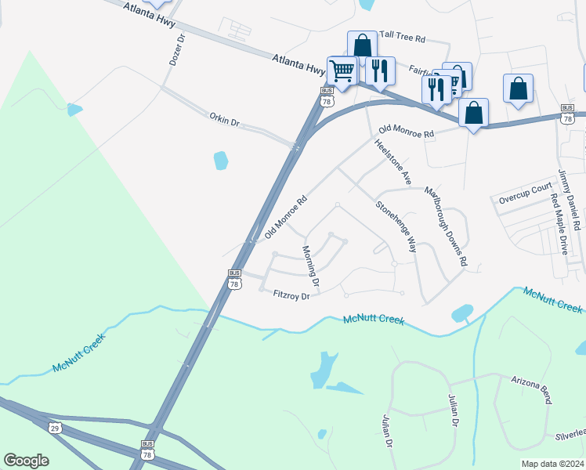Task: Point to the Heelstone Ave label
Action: click(393, 161)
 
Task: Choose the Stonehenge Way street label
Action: click(395, 226)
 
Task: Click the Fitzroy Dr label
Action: click(292, 295)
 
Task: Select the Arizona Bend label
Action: click(532, 389)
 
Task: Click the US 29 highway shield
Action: click(54, 427)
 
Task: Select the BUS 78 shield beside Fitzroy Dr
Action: click(234, 280)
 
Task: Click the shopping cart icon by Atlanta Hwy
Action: click(342, 71)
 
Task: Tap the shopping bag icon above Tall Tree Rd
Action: click(363, 45)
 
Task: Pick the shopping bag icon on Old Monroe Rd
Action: click(473, 113)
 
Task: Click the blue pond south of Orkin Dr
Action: click(221, 161)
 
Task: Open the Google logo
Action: click(26, 461)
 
